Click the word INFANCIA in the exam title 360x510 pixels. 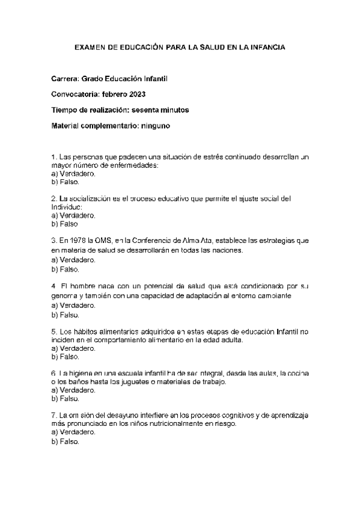tap(267, 46)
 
